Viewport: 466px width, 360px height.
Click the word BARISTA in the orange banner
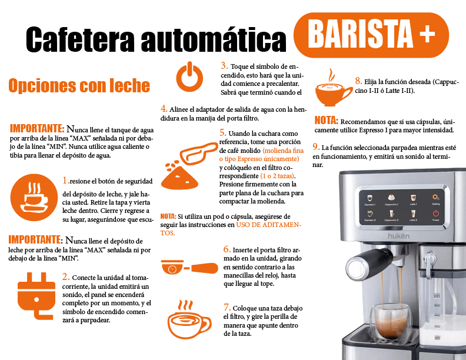point(360,35)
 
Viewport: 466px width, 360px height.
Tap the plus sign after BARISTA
point(427,35)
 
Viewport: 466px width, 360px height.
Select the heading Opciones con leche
point(79,86)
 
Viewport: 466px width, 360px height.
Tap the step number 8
point(358,81)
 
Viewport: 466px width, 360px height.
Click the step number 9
point(316,146)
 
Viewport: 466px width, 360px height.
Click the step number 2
point(66,276)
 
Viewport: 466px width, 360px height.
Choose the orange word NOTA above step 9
point(326,119)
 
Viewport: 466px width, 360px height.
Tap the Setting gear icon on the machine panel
point(435,198)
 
